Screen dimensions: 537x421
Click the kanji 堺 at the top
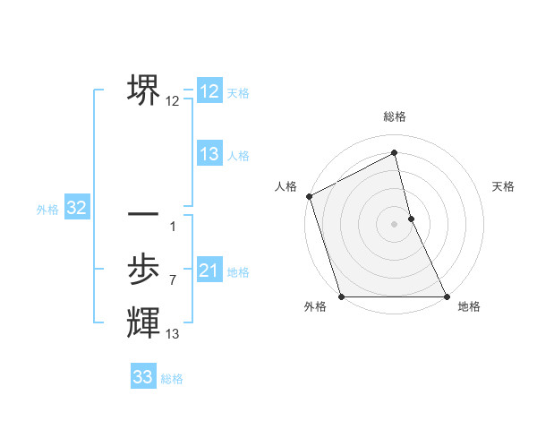pyautogui.click(x=143, y=90)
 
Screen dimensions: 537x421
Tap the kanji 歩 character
pyautogui.click(x=143, y=269)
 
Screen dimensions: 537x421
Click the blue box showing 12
pyautogui.click(x=209, y=91)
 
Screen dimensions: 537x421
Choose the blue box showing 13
pyautogui.click(x=209, y=154)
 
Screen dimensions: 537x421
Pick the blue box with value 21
pyautogui.click(x=209, y=271)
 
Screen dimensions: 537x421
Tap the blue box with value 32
pyautogui.click(x=77, y=209)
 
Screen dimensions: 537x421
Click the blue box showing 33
pyautogui.click(x=143, y=377)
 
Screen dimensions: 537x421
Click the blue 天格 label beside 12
pyautogui.click(x=238, y=93)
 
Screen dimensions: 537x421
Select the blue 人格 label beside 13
pyautogui.click(x=238, y=156)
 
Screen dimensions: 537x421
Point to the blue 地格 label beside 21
pyautogui.click(x=238, y=272)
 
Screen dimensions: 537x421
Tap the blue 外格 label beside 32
pyautogui.click(x=47, y=210)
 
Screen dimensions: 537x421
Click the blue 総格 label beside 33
pyautogui.click(x=172, y=379)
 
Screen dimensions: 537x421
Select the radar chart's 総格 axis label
pyautogui.click(x=395, y=116)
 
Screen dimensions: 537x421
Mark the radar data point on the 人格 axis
pyautogui.click(x=309, y=196)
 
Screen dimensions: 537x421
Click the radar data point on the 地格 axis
pyautogui.click(x=447, y=296)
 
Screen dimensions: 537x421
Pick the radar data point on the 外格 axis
pyautogui.click(x=342, y=296)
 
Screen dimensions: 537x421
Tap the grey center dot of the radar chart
pyautogui.click(x=395, y=224)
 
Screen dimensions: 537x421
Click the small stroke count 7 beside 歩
pyautogui.click(x=172, y=280)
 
